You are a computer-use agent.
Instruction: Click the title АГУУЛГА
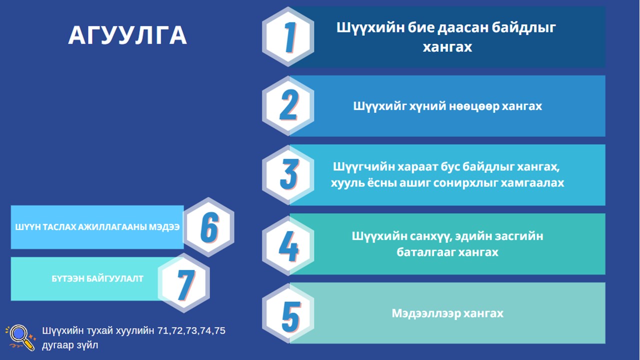(127, 35)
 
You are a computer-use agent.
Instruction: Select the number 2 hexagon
(288, 105)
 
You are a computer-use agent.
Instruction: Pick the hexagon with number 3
(288, 175)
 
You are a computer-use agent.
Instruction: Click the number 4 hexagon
(288, 245)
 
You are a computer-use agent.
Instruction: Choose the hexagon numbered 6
(208, 227)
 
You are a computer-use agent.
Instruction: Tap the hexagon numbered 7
(184, 283)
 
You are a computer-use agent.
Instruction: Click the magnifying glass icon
(20, 337)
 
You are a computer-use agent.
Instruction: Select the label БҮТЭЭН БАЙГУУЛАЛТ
(97, 279)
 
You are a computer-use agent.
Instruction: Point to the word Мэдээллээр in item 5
(425, 313)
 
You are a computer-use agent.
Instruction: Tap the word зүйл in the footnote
(87, 345)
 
